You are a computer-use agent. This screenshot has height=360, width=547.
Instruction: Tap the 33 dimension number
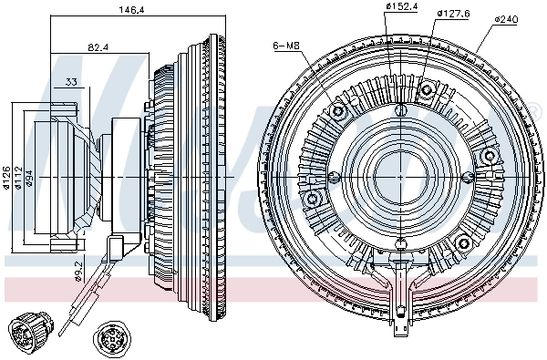click(72, 82)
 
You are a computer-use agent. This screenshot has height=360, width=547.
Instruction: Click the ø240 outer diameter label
click(508, 18)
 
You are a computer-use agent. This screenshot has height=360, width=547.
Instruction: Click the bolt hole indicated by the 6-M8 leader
click(341, 111)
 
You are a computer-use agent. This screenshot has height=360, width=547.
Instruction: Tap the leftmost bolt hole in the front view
click(314, 198)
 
